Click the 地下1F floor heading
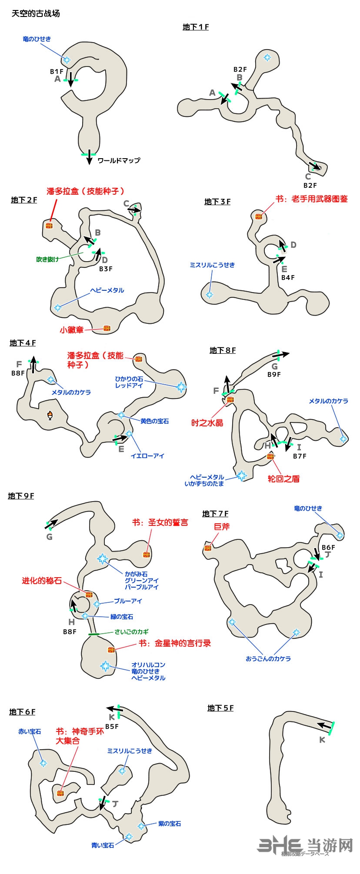[x=196, y=27]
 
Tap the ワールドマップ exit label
[x=119, y=160]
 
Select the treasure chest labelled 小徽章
[x=107, y=328]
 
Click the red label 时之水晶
[x=207, y=423]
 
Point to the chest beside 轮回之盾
[x=270, y=457]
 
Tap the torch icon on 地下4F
[x=51, y=415]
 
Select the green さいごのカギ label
[x=132, y=632]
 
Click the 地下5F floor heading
[x=220, y=708]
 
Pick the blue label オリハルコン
[x=148, y=665]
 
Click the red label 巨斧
[x=222, y=526]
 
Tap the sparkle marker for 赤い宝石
[x=43, y=764]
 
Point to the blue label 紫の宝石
[x=170, y=824]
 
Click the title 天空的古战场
[x=36, y=13]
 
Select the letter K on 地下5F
[x=322, y=740]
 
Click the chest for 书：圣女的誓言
[x=146, y=555]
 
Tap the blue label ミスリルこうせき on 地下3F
[x=212, y=265]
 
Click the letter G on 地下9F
[x=49, y=537]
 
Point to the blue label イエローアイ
[x=148, y=456]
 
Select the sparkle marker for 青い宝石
[x=129, y=837]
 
